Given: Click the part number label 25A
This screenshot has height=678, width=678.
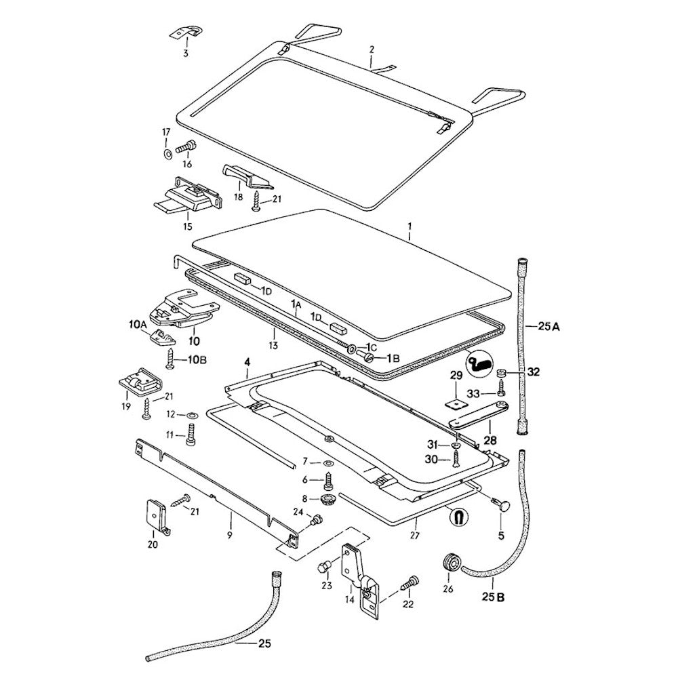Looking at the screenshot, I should click(x=548, y=327).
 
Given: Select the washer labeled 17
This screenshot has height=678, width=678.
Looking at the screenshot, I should click(x=166, y=153).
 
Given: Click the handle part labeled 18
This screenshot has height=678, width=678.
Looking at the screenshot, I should click(x=247, y=176).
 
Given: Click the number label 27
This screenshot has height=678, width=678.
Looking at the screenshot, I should click(x=415, y=536).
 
